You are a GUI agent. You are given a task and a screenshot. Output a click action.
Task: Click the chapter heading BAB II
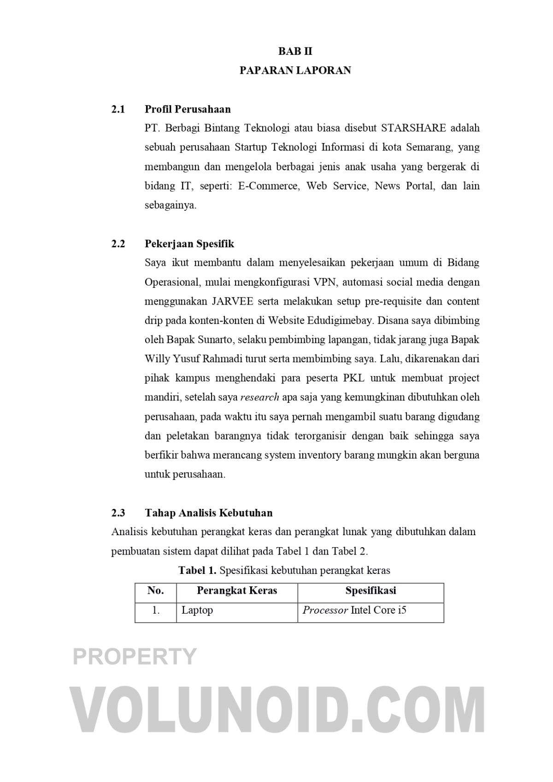click(x=295, y=51)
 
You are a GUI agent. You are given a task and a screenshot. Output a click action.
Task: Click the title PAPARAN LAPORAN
click(x=295, y=71)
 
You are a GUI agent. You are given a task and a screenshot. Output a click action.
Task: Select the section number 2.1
click(x=118, y=109)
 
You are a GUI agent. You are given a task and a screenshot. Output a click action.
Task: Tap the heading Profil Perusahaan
click(x=188, y=109)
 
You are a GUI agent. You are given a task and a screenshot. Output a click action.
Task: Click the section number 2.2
click(x=118, y=244)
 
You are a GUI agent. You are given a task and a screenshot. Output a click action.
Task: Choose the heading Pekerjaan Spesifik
click(x=189, y=244)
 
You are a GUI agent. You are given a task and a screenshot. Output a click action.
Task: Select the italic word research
click(x=260, y=397)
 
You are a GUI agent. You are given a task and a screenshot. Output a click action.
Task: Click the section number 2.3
click(x=118, y=513)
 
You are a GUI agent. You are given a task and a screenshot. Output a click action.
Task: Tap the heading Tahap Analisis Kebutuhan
click(x=208, y=513)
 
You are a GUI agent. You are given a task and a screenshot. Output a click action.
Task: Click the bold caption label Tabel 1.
click(x=197, y=570)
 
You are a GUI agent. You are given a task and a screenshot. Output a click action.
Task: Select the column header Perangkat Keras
click(x=237, y=591)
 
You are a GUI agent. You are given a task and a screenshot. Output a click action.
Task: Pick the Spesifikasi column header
click(x=371, y=591)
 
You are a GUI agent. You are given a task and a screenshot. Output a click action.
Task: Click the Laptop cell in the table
click(x=197, y=610)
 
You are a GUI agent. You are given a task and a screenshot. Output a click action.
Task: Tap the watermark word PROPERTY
click(x=135, y=656)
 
